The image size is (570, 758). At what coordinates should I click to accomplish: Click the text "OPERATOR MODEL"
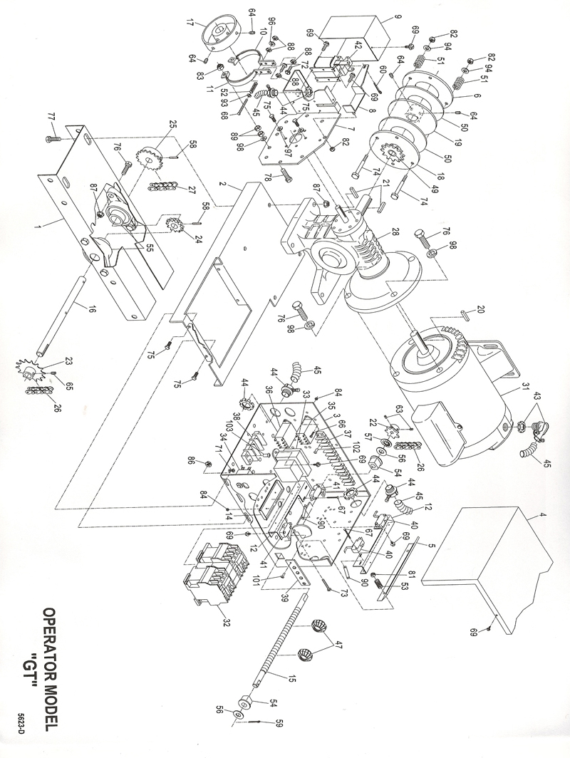51,663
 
